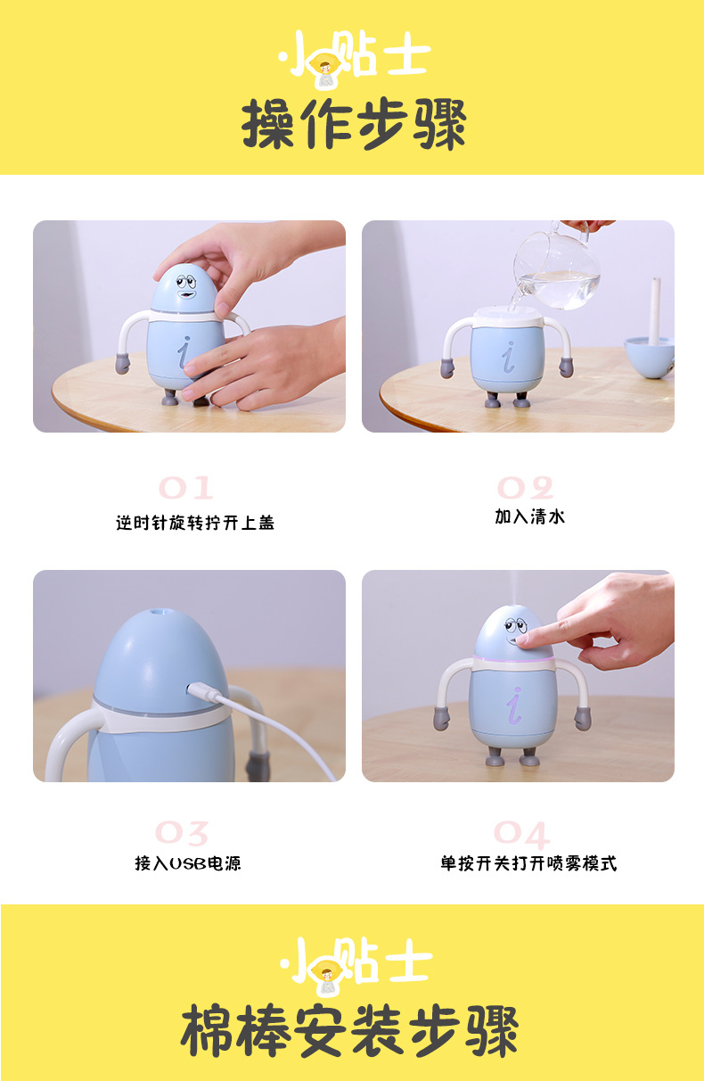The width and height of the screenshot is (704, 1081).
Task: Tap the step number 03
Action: pos(182,833)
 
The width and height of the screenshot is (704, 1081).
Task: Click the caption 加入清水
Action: pos(529,516)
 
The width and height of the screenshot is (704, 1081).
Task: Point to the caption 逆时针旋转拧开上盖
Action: pos(195,523)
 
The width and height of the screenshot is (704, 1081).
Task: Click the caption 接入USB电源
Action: pos(187,863)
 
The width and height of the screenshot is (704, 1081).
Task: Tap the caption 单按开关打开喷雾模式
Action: pos(528,863)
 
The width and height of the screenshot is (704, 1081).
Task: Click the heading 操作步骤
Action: pos(354,124)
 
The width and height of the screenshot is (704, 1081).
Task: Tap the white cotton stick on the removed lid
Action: pos(655,311)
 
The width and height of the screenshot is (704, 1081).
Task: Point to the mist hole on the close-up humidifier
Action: pos(156,613)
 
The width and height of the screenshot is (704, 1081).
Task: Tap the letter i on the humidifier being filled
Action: pos(509,357)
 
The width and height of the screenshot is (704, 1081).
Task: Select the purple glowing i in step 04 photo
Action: pos(514,706)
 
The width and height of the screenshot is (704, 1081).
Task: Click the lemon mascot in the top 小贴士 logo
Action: pos(325,69)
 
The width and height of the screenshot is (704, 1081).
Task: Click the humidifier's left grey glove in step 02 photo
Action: pos(447,367)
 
